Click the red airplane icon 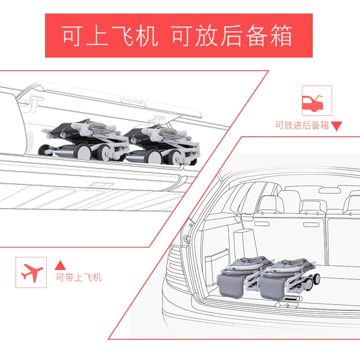point(31,273)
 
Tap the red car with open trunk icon point(312,103)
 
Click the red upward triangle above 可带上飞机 point(60,265)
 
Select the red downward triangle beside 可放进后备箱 point(337,126)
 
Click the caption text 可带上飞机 point(79,278)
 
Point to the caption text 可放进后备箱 point(302,126)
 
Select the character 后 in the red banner point(231,36)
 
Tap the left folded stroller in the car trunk point(244,276)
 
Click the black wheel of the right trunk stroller point(317,279)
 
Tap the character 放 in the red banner point(206,36)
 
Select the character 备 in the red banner point(256,36)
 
